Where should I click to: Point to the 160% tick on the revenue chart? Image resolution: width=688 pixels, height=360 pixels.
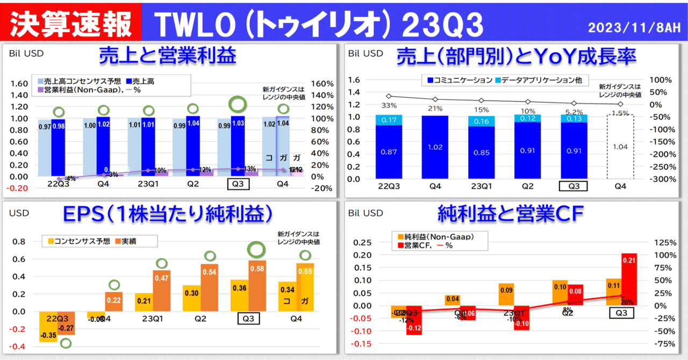322,84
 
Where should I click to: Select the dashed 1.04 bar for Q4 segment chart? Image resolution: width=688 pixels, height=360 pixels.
621,148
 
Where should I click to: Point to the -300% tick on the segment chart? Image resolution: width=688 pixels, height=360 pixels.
661,179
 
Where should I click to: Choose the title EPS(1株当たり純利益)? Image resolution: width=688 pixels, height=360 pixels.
167,214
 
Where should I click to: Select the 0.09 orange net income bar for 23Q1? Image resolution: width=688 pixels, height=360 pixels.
506,294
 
